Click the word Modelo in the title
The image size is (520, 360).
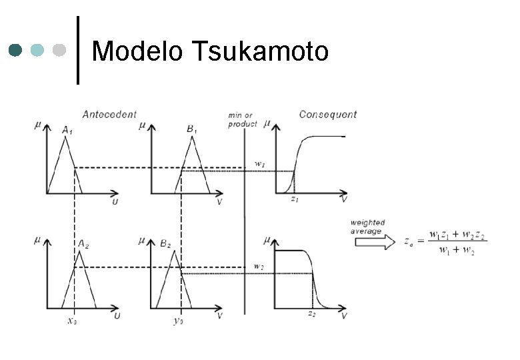pyautogui.click(x=137, y=51)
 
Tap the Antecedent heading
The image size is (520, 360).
pyautogui.click(x=109, y=115)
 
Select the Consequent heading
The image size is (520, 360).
pyautogui.click(x=327, y=115)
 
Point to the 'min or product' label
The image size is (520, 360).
pyautogui.click(x=243, y=119)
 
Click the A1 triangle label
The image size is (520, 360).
pyautogui.click(x=67, y=131)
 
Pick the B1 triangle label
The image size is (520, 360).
pyautogui.click(x=192, y=129)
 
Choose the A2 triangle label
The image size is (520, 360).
pyautogui.click(x=84, y=245)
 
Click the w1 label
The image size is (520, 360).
pyautogui.click(x=261, y=164)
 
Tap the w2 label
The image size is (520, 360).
pyautogui.click(x=259, y=266)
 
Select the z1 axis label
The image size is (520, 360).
pyautogui.click(x=293, y=199)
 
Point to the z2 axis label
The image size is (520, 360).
pyautogui.click(x=311, y=313)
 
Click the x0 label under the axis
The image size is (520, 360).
pyautogui.click(x=73, y=320)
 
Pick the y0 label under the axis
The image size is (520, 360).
pyautogui.click(x=178, y=320)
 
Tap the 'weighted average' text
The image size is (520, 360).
pyautogui.click(x=367, y=227)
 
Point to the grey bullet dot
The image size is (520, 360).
pyautogui.click(x=59, y=50)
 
